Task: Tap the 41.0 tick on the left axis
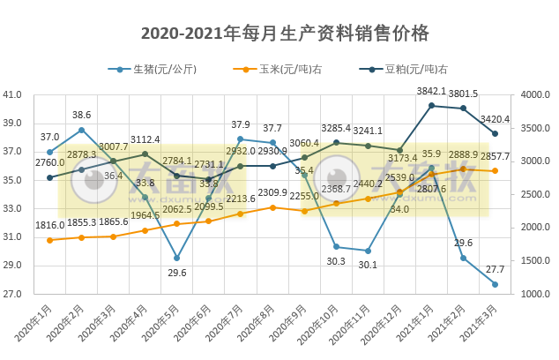tap(13, 94)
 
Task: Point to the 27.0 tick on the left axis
tap(13, 294)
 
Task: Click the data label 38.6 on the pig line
tap(81, 116)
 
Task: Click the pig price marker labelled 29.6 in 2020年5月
tap(176, 258)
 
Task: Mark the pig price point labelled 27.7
tap(495, 284)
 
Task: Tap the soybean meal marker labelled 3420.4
tap(495, 133)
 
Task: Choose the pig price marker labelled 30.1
tap(368, 251)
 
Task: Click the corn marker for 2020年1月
tap(49, 240)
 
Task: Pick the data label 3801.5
tap(464, 94)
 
